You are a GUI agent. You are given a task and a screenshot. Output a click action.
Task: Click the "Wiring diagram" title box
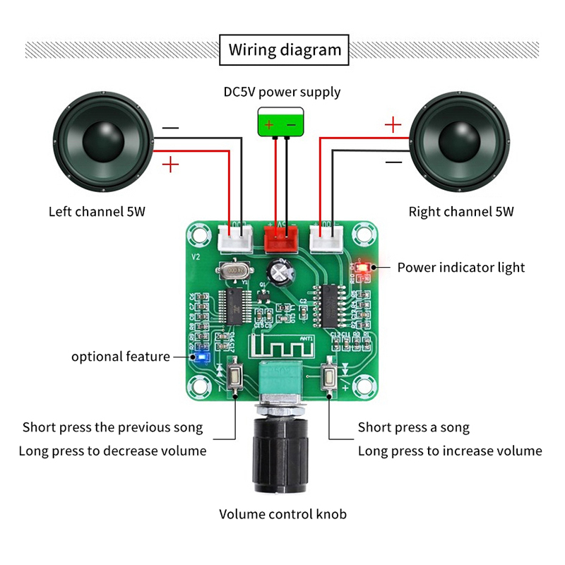tap(285, 49)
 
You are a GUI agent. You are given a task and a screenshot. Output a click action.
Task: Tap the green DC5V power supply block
tap(280, 121)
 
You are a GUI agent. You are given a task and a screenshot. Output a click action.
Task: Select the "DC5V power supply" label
tap(282, 92)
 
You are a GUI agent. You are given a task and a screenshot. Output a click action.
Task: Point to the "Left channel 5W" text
tap(97, 211)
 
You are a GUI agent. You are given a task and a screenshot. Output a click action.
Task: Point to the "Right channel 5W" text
tap(461, 211)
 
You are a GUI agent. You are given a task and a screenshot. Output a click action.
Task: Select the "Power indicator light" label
tap(461, 267)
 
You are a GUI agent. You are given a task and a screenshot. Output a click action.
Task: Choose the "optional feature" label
tap(121, 357)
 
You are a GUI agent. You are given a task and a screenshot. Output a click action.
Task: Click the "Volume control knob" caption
tap(282, 514)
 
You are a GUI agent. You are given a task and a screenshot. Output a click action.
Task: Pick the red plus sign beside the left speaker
tap(171, 166)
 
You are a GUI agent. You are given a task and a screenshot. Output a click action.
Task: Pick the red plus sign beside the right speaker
tap(393, 126)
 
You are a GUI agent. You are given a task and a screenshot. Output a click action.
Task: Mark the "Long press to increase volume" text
tap(450, 451)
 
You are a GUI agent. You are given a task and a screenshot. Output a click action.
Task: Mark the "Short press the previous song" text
tap(113, 427)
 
